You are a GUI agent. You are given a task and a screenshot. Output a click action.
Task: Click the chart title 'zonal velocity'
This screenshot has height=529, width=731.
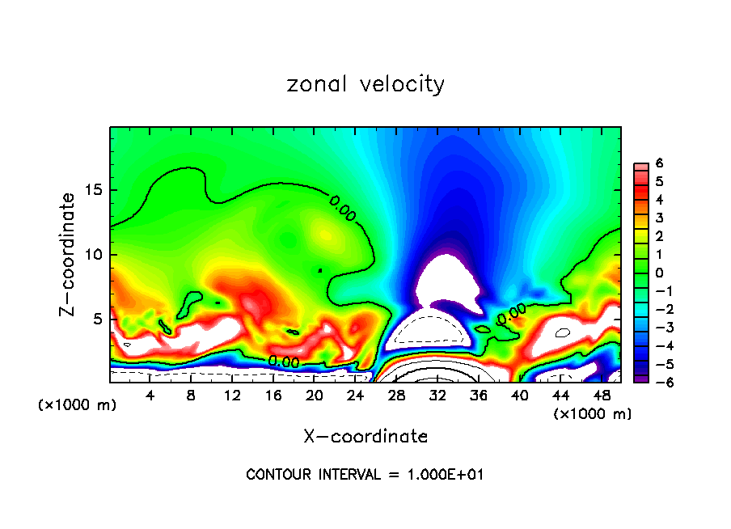coord(365,84)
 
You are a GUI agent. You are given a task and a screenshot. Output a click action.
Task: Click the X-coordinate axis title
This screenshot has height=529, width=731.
coord(365,437)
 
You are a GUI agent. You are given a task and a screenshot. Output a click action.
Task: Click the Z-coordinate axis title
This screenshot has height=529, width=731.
coord(70,254)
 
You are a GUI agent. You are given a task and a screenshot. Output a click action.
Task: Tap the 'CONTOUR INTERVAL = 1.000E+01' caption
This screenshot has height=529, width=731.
coord(365,475)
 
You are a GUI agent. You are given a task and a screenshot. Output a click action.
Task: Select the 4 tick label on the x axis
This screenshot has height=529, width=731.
coord(150,396)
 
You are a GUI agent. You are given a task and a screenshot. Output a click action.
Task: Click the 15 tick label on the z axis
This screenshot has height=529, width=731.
coord(94,191)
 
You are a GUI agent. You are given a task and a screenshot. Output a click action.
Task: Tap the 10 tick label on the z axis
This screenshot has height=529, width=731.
coord(94,255)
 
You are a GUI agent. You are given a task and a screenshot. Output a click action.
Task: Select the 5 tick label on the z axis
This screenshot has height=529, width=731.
coord(98,320)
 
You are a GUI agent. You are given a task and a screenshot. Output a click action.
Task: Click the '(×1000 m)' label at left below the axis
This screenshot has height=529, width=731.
coord(78,405)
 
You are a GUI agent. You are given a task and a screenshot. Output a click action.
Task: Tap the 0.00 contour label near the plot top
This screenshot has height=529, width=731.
coord(342,208)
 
